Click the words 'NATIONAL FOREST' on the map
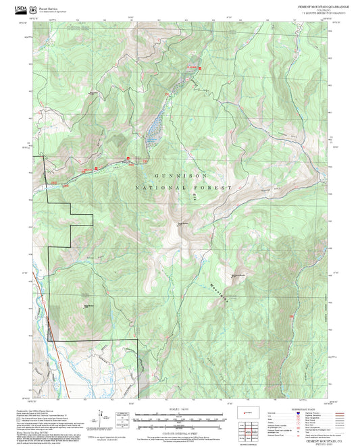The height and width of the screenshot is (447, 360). pyautogui.click(x=183, y=187)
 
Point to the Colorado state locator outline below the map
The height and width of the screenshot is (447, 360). pyautogui.click(x=278, y=411)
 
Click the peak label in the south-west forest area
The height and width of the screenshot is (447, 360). pyautogui.click(x=87, y=305)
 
